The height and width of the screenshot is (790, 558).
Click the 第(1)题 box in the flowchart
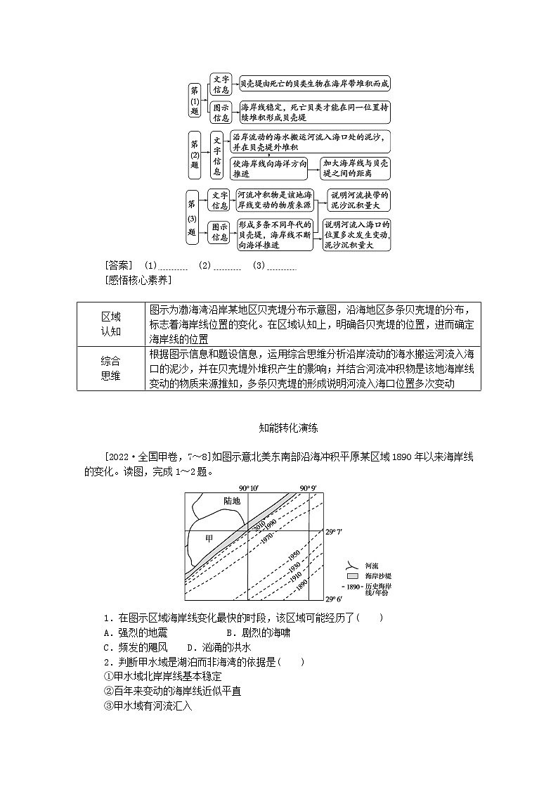195,99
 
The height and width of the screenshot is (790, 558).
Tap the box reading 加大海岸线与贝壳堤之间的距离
356,167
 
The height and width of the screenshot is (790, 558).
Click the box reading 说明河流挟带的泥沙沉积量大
356,200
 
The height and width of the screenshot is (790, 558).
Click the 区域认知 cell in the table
111,324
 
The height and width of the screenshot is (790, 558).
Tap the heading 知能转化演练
278,426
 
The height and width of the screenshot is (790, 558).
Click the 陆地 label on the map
232,501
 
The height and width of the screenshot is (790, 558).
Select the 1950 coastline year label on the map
293,556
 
